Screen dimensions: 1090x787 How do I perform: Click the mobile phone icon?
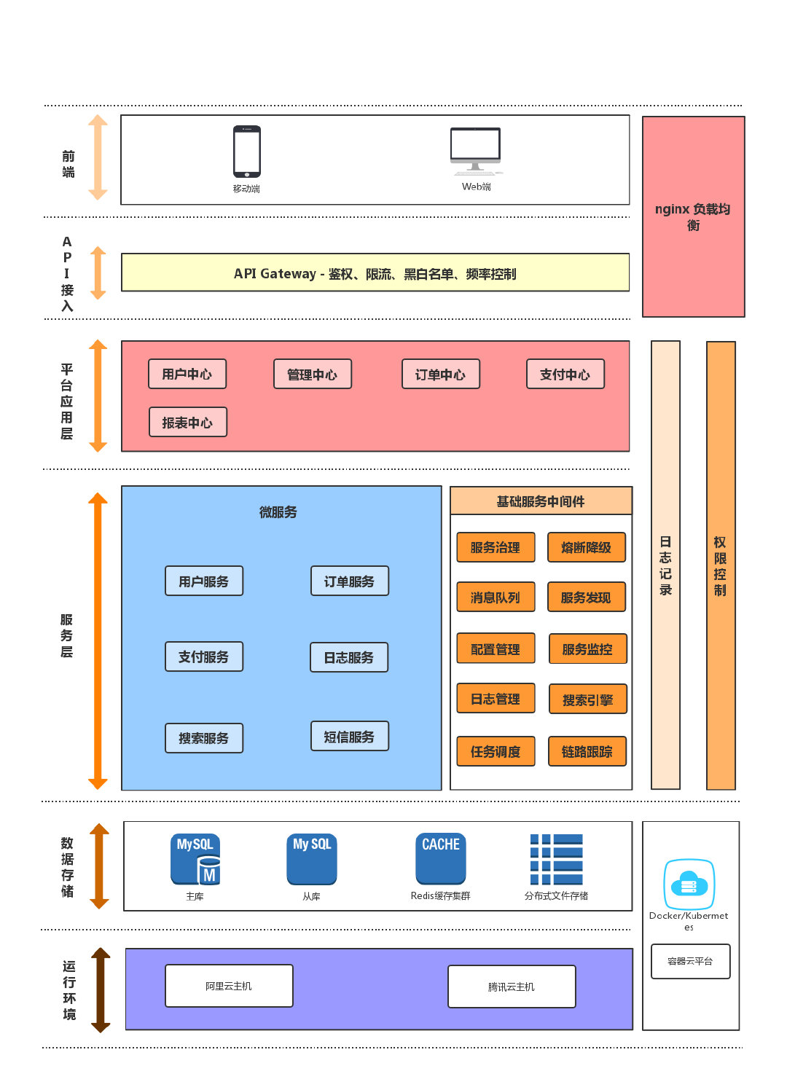pos(247,152)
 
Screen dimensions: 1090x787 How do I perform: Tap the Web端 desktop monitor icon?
pos(476,149)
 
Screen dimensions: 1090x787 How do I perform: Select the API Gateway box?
pos(375,272)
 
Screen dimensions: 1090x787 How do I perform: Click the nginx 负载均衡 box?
pos(693,216)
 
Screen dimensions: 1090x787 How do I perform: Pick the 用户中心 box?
pos(187,374)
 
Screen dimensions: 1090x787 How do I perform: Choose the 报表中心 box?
pos(188,422)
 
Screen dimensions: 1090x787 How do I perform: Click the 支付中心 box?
pos(565,374)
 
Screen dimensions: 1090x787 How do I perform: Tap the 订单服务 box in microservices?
pos(350,581)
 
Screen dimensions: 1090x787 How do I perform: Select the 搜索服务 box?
pos(204,738)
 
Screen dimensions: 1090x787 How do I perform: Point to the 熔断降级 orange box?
pos(587,547)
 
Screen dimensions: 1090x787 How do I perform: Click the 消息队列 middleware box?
pos(496,597)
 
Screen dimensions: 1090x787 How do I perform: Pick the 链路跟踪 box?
pos(587,751)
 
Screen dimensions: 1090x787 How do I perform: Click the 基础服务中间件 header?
pos(541,501)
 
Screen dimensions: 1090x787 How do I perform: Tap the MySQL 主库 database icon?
pos(195,859)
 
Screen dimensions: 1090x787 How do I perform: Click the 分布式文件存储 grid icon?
pos(556,859)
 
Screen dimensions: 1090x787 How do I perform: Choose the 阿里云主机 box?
pos(229,986)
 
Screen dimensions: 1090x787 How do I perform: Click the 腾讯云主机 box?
pos(512,987)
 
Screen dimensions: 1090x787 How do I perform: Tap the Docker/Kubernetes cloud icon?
pos(689,884)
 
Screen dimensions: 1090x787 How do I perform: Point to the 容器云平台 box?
pos(690,961)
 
